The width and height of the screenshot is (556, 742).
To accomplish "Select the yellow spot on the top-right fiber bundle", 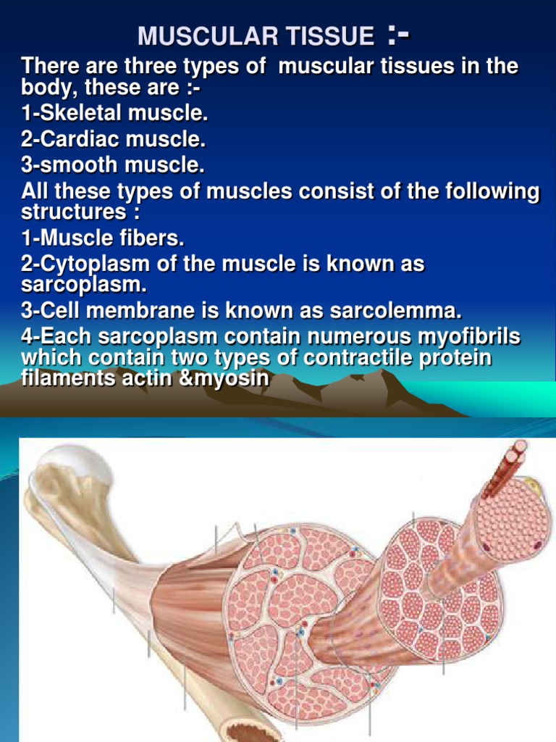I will (x=531, y=483).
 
